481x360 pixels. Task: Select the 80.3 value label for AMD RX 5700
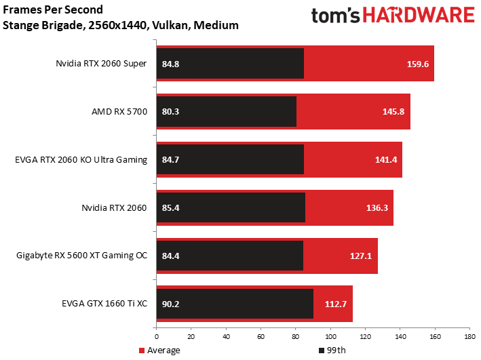pyautogui.click(x=170, y=112)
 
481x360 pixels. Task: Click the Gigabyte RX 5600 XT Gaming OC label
pyautogui.click(x=81, y=256)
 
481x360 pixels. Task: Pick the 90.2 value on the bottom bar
pyautogui.click(x=170, y=303)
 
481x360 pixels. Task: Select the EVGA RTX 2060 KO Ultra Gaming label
pyautogui.click(x=81, y=160)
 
